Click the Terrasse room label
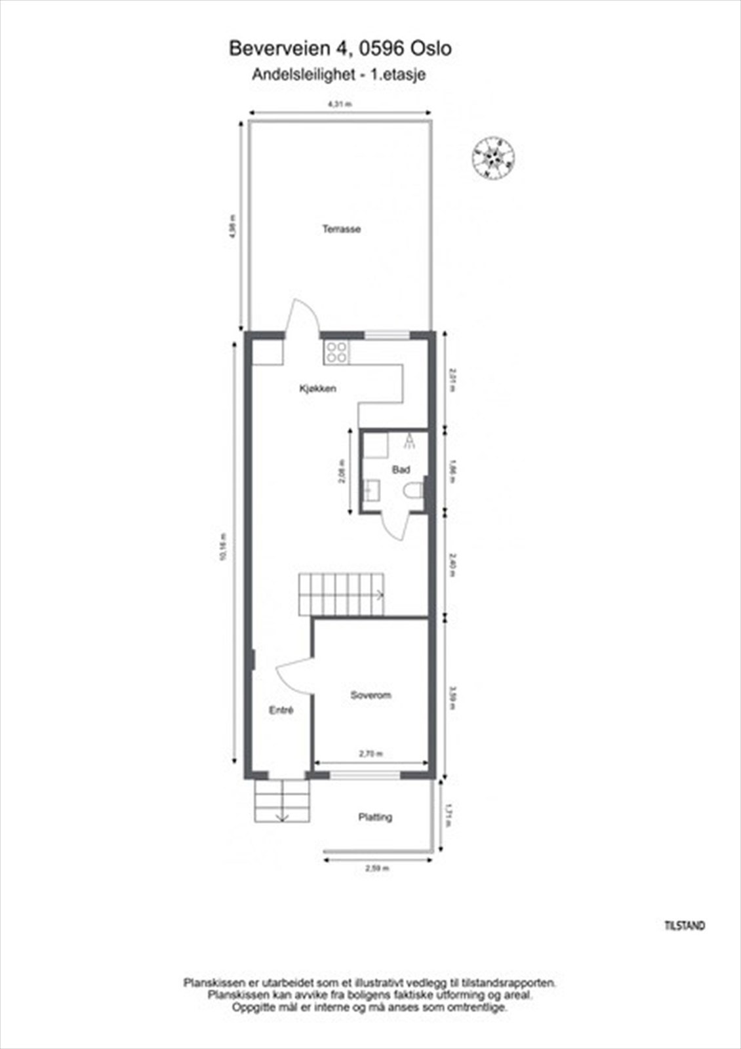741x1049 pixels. click(341, 229)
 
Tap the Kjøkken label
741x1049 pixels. click(317, 389)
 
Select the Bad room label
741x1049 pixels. click(401, 469)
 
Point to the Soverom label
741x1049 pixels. click(370, 695)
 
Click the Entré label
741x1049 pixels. click(281, 710)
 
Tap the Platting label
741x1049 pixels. click(375, 817)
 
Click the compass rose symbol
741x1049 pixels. click(493, 158)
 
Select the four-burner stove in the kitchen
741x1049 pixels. click(336, 353)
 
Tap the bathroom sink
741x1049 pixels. click(370, 490)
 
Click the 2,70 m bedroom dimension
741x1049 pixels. click(371, 754)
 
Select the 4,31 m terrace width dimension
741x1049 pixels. click(340, 104)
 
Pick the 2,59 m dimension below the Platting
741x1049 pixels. click(377, 869)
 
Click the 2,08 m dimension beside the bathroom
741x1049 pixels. click(342, 470)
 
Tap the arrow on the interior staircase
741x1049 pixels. click(379, 595)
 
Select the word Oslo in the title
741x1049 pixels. click(431, 49)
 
